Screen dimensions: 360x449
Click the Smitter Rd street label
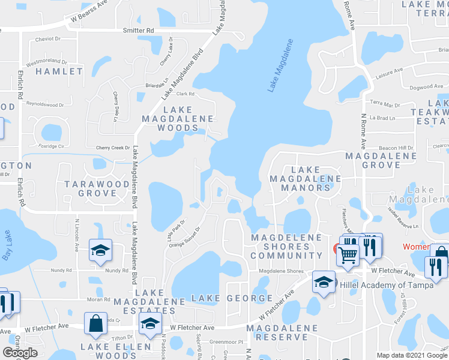[x=139, y=30]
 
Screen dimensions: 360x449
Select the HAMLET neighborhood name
[x=59, y=71]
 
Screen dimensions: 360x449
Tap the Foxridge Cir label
[x=50, y=146]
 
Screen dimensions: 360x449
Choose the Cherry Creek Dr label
[x=113, y=148]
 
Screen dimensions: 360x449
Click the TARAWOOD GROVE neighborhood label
[x=90, y=188]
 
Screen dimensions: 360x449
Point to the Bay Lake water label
[x=7, y=246]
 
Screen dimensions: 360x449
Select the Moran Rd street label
[x=82, y=299]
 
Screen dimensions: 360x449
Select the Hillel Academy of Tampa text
[x=385, y=285]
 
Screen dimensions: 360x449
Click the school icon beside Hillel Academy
[x=324, y=283]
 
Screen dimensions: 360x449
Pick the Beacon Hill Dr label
[x=396, y=148]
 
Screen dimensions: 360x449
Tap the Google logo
[x=20, y=353]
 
